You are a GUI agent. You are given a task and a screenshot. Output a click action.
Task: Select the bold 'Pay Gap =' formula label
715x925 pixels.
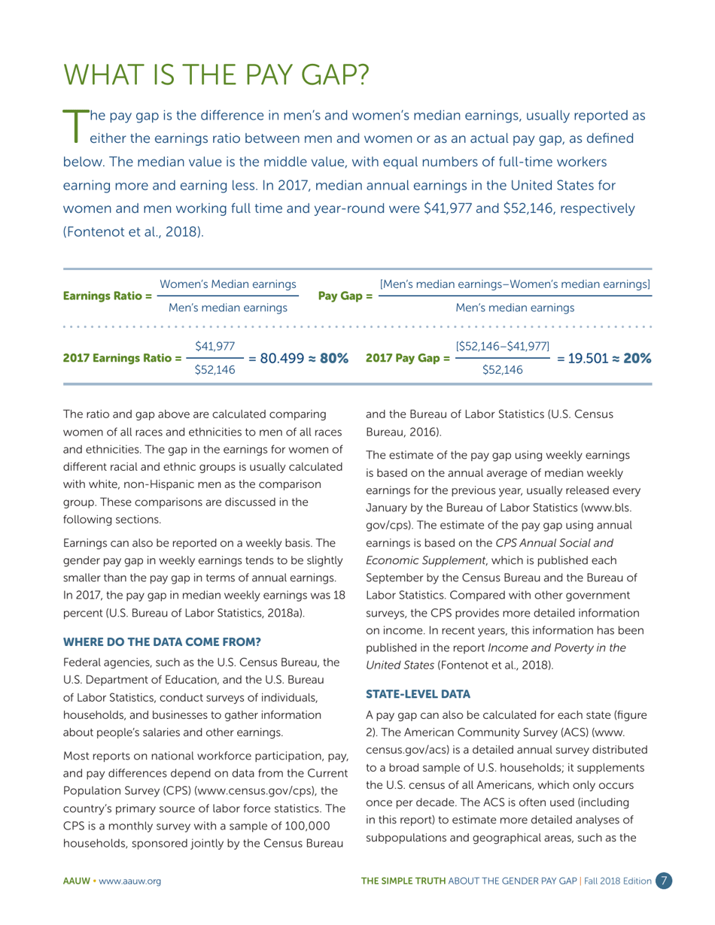(x=345, y=295)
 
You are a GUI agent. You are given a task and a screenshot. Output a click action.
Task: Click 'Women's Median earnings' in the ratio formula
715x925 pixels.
(x=227, y=283)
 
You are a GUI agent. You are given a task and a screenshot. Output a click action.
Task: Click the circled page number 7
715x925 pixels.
(x=663, y=881)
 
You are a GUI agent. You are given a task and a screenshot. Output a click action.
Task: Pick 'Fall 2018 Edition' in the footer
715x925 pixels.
(x=615, y=881)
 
